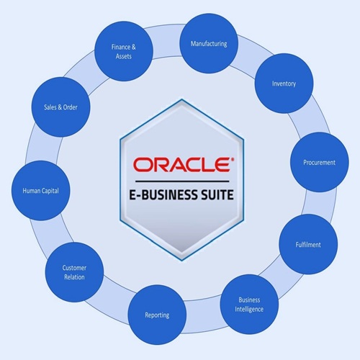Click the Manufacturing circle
click(x=209, y=43)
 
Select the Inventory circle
click(x=284, y=84)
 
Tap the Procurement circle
click(x=320, y=162)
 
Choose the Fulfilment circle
click(x=308, y=244)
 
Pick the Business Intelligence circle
click(x=249, y=305)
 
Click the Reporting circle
click(x=157, y=315)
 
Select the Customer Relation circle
click(x=74, y=272)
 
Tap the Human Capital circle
click(x=41, y=191)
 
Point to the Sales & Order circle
click(x=60, y=107)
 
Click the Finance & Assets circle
click(x=124, y=51)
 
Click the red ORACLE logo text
click(x=181, y=165)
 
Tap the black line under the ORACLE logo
click(x=182, y=181)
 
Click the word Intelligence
click(x=249, y=309)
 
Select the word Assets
click(x=124, y=56)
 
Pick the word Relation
click(x=74, y=277)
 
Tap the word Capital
click(x=50, y=191)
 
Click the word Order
click(x=71, y=107)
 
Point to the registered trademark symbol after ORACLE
click(x=232, y=159)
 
